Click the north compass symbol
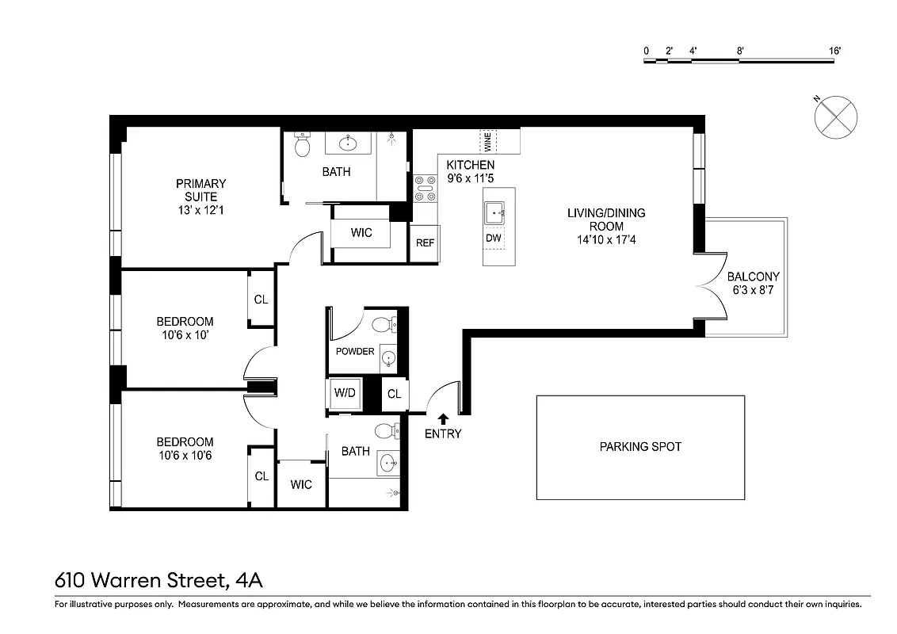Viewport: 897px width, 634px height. (835, 117)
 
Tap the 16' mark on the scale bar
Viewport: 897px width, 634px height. (834, 51)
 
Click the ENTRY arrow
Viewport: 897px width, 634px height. (442, 418)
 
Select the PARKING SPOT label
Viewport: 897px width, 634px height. (640, 447)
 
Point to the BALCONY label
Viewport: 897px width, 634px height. (753, 277)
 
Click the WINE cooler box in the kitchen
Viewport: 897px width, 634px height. (487, 142)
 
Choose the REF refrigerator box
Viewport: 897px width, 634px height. (425, 243)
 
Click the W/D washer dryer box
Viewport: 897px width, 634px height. (344, 394)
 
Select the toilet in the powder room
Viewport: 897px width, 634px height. (382, 324)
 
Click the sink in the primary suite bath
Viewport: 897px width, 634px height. (348, 143)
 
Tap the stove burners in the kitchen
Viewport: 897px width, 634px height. (424, 189)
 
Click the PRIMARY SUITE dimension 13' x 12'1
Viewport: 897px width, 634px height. (200, 211)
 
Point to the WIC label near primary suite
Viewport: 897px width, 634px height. (361, 233)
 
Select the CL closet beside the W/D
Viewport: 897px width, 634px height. (394, 394)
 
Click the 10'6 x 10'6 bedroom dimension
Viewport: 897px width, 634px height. (184, 456)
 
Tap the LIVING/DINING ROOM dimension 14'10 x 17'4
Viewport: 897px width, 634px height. (605, 239)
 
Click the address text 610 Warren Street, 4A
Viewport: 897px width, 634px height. (158, 581)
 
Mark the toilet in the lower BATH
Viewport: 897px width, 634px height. (386, 431)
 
